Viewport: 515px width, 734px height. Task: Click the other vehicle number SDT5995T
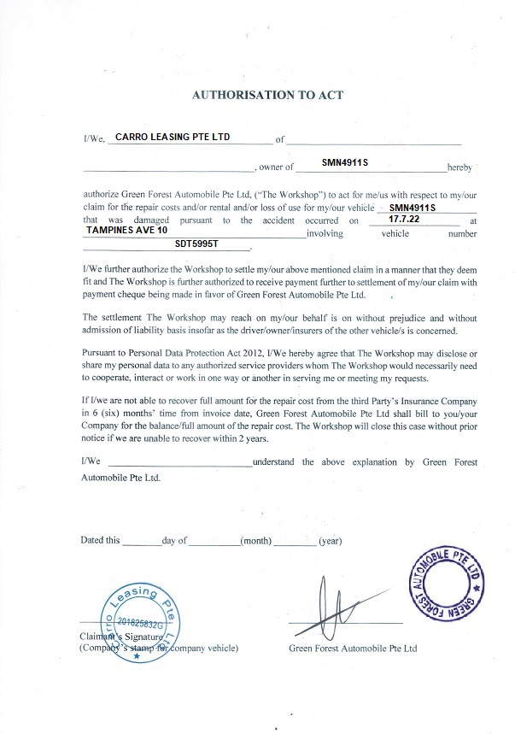(196, 244)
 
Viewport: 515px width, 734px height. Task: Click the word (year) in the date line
(330, 541)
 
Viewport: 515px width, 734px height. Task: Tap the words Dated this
(101, 541)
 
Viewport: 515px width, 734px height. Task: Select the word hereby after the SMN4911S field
(454, 168)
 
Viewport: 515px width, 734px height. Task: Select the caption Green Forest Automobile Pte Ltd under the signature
(353, 649)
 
